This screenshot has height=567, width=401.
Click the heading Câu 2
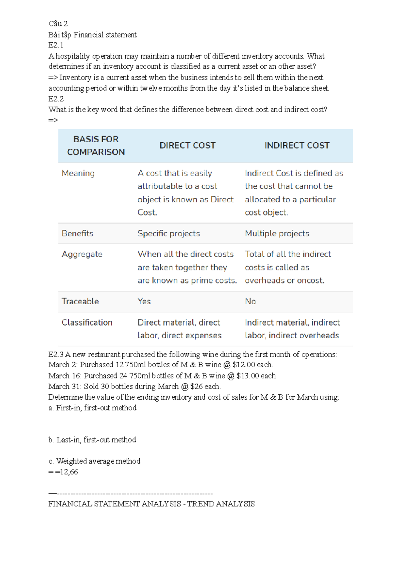[x=58, y=24]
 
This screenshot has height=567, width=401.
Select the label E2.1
[x=56, y=45]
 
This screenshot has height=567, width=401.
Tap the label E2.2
[x=56, y=99]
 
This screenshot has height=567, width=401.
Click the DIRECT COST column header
[x=187, y=146]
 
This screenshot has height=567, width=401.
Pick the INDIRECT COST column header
[x=297, y=146]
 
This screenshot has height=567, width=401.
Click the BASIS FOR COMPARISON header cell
[x=96, y=146]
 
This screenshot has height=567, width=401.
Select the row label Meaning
[x=78, y=173]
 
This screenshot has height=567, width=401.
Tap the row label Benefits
[x=77, y=233]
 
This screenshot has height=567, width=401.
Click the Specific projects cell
[x=169, y=233]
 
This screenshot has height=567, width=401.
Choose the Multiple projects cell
[x=277, y=233]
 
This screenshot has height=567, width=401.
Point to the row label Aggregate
[x=82, y=254]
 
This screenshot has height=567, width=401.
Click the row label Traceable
[x=80, y=302]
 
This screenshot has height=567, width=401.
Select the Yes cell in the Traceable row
[x=144, y=302]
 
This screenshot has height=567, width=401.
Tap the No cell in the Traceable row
[x=250, y=302]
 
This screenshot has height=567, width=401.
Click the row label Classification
[x=87, y=323]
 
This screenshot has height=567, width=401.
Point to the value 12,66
[x=69, y=472]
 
